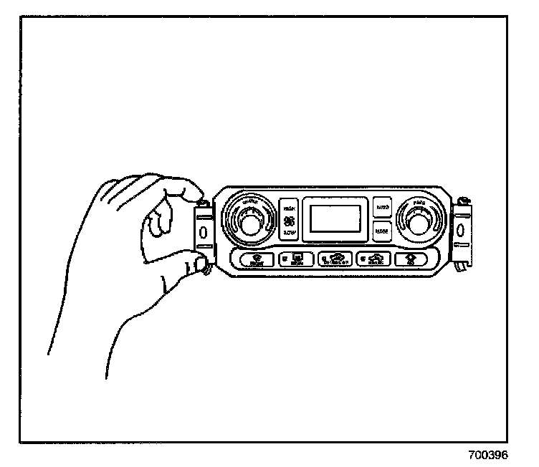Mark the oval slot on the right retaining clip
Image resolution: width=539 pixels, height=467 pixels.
459,231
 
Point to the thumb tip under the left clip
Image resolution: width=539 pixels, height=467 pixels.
200,267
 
